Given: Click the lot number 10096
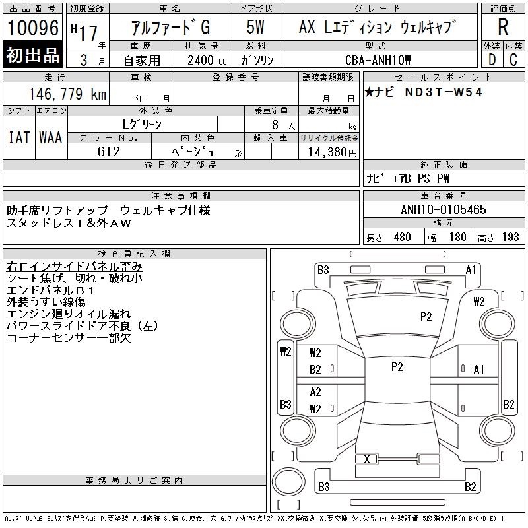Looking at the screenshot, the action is coord(33,28).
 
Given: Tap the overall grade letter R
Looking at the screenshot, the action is coord(503,27).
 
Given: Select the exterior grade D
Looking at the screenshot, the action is coord(492,60).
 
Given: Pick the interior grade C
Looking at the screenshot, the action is coord(513,60).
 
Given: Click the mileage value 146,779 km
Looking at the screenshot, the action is coord(68,94).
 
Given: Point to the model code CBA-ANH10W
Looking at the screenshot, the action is coord(378,60).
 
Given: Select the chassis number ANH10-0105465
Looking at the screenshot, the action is coord(444,209).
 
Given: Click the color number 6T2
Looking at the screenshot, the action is coord(108,152).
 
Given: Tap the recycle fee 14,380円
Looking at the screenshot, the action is coord(333,152).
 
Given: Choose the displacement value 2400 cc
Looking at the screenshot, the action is coord(207,60).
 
